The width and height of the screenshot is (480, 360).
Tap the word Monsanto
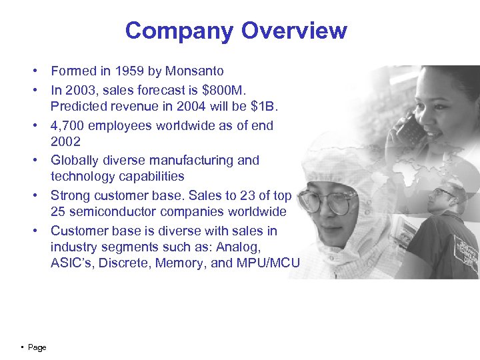[x=193, y=71]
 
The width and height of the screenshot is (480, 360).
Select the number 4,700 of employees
[x=66, y=125]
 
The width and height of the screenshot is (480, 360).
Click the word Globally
[x=74, y=160]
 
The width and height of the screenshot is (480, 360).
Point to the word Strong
[x=71, y=196]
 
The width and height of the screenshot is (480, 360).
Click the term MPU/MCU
[x=268, y=263]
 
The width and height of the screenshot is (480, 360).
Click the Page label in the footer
[x=37, y=347]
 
